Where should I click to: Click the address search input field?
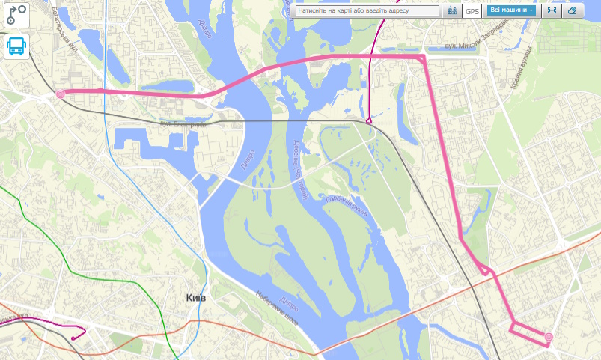(x=367, y=11)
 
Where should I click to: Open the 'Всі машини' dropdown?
(x=512, y=11)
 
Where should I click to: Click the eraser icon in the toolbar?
(x=573, y=11)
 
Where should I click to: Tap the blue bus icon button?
(x=16, y=46)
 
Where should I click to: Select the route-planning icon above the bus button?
(x=16, y=15)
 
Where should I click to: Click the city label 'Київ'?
(x=196, y=298)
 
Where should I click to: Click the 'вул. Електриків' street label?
(x=182, y=124)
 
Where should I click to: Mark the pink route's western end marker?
(x=60, y=94)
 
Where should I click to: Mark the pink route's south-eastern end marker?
(x=549, y=338)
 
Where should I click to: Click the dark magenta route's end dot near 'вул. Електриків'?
(x=368, y=120)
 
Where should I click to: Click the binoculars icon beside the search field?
(x=452, y=11)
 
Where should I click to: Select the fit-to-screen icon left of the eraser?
(x=552, y=11)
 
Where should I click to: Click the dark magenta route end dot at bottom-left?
(x=73, y=338)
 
